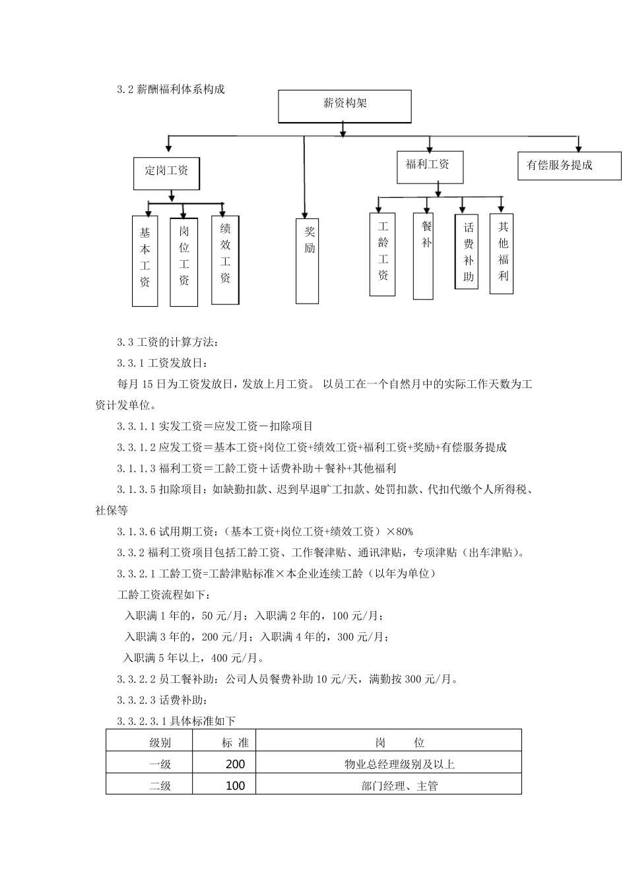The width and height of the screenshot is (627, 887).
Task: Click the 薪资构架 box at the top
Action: (345, 106)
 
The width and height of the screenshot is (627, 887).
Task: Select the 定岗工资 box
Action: (166, 174)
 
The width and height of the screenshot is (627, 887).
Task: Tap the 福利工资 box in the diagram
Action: (430, 167)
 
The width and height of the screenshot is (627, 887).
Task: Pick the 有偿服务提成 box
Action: (569, 166)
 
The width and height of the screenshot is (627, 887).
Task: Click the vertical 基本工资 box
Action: (145, 261)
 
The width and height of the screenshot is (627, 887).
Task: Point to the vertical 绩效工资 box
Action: (225, 260)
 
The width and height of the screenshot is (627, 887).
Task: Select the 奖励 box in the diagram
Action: (308, 261)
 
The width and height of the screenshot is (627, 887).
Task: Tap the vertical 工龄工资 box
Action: (383, 253)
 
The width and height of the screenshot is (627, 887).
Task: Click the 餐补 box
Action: (423, 255)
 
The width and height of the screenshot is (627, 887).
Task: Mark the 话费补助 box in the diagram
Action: (467, 251)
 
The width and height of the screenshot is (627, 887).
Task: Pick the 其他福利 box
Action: (502, 253)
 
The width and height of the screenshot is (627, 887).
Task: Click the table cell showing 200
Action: (235, 764)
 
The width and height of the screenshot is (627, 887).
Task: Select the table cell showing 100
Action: (235, 785)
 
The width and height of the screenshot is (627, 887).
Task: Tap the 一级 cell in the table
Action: (160, 764)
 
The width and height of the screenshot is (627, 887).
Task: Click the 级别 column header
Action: (160, 742)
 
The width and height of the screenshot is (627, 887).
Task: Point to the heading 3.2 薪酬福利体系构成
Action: (171, 89)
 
